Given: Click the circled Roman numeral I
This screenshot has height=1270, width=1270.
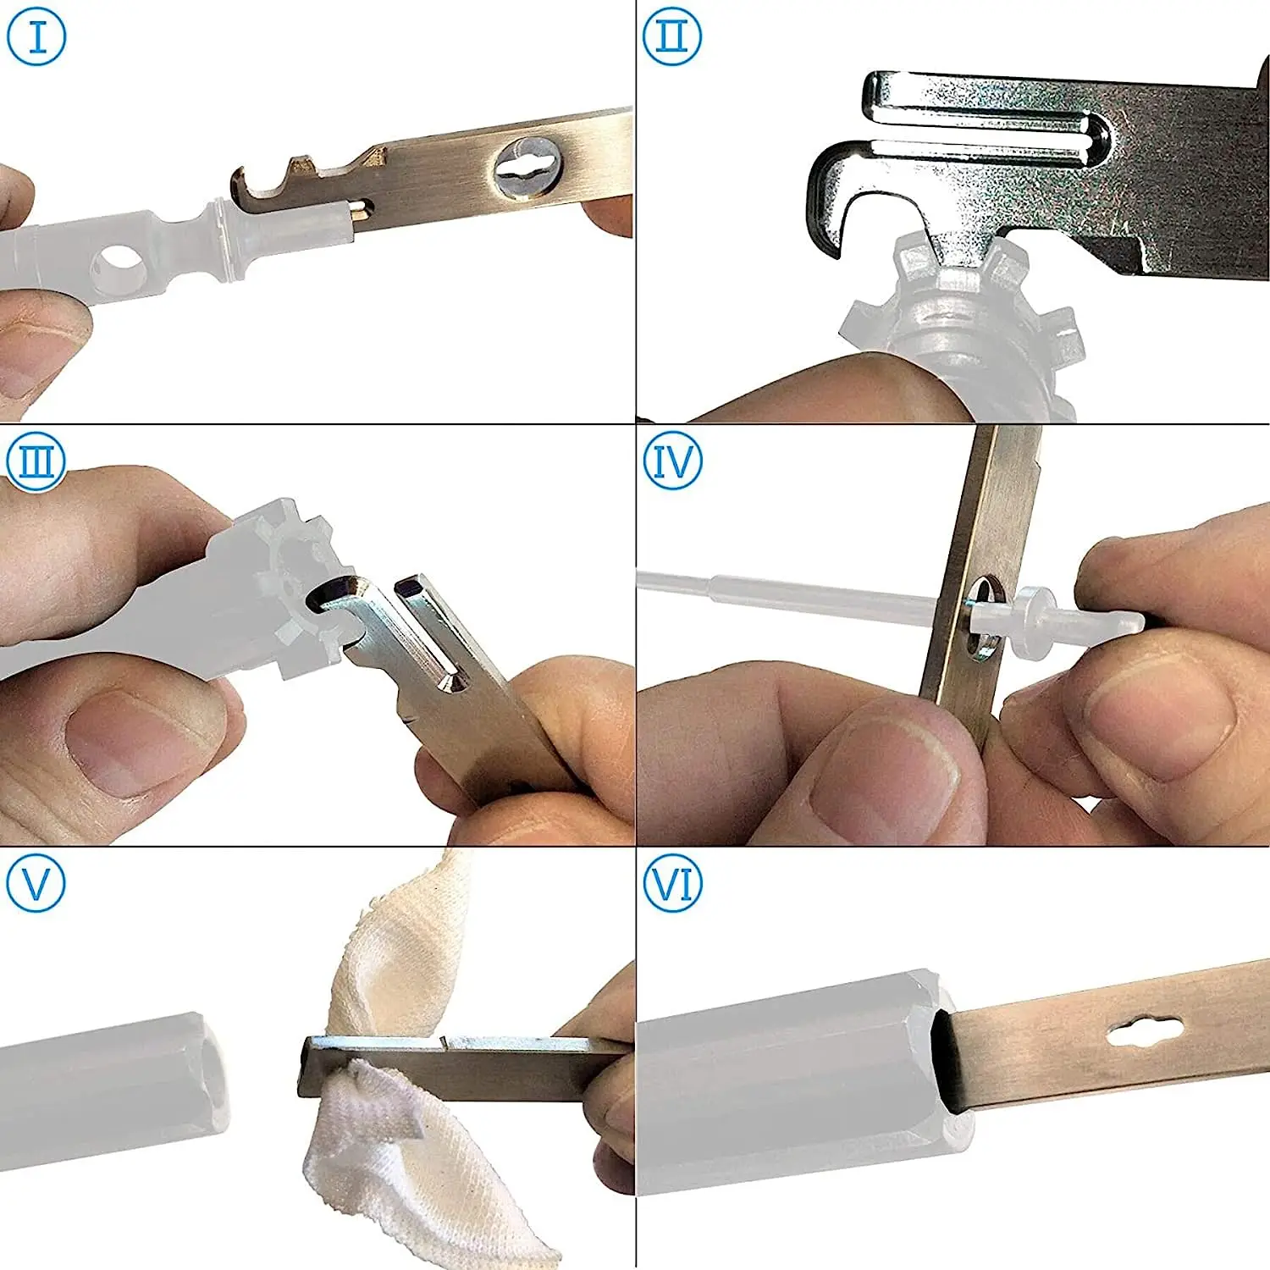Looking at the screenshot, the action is pos(36,36).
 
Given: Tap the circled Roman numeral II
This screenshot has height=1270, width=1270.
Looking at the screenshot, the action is pos(672,36).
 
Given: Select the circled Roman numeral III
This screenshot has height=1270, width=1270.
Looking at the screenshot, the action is pos(36,461).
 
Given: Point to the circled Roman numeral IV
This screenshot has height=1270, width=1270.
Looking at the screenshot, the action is pos(672,461).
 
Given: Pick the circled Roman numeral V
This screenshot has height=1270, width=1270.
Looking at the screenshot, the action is pos(36,883).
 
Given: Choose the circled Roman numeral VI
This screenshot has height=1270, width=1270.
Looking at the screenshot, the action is pos(672,883).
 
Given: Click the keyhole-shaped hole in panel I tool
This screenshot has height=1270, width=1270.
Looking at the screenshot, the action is pos(528,168).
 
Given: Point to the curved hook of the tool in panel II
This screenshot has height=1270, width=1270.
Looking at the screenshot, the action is pos(825,195).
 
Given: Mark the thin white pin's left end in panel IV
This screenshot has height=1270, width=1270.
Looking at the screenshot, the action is pos(639,578).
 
